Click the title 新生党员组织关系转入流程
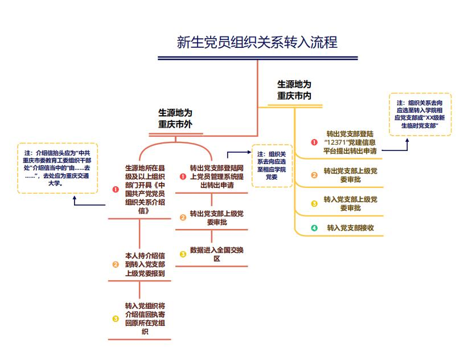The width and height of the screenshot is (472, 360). coord(257,43)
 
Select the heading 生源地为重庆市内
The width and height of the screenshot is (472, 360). coord(294,90)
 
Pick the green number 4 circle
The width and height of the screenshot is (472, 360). coord(314,228)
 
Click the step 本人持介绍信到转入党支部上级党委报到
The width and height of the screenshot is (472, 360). coord(145,264)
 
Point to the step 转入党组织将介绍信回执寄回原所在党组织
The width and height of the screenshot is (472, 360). coord(145,318)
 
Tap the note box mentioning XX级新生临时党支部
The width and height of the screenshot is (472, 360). coord(420,114)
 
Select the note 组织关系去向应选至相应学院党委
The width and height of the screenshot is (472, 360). coord(272,166)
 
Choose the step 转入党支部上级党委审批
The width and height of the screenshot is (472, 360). coord(350,203)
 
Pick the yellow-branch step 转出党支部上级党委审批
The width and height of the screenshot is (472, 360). coord(350,175)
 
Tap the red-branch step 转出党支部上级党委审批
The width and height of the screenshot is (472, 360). coord(216,218)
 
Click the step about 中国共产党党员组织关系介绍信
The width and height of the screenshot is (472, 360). coord(145,189)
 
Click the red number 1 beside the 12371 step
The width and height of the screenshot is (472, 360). coord(314,142)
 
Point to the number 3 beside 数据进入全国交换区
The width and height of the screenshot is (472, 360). coord(183,254)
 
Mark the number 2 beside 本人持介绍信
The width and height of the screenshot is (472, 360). coord(115,264)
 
